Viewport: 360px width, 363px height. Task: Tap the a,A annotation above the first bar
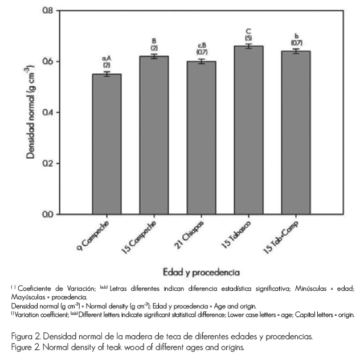point(107,58)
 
